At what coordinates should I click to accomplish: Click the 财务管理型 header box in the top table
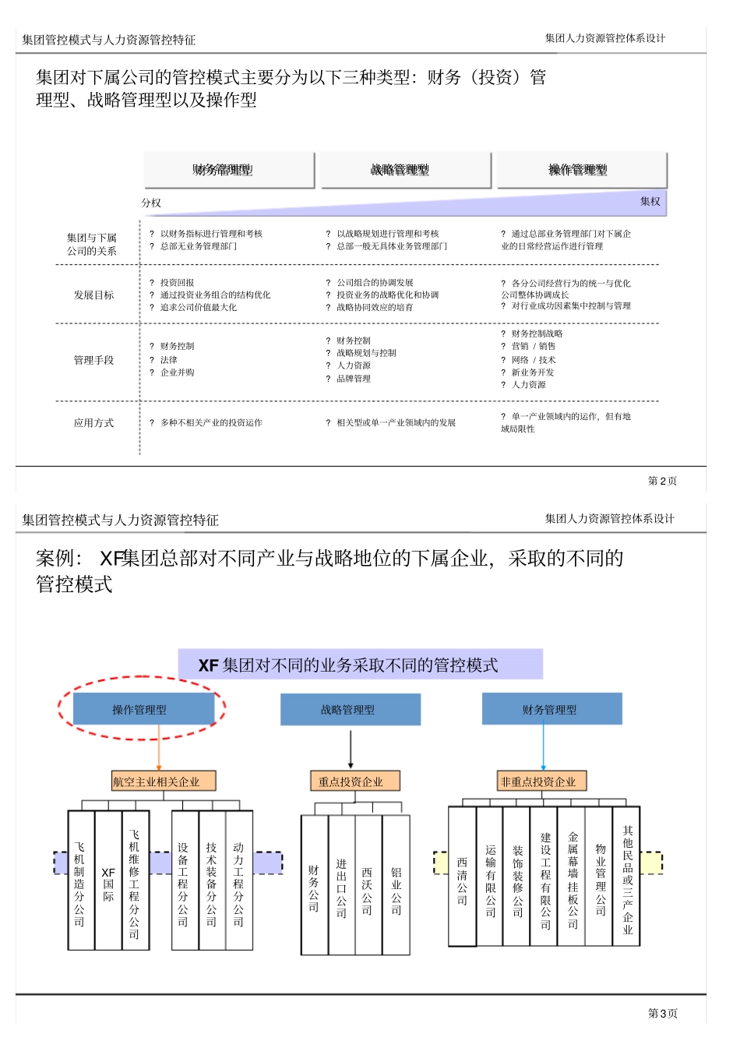point(229,170)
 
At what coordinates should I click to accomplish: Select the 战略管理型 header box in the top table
point(405,170)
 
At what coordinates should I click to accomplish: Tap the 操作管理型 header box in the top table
point(582,170)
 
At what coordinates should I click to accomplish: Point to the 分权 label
point(151,203)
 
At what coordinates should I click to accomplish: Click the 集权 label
point(650,202)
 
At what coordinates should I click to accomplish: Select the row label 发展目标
point(93,295)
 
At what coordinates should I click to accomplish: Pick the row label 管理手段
point(93,361)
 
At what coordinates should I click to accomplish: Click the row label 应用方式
point(93,423)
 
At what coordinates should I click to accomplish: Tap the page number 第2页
point(662,481)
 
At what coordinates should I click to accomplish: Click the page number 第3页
point(663,1013)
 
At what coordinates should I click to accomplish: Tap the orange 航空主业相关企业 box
point(163,782)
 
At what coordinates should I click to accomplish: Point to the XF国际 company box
point(108,880)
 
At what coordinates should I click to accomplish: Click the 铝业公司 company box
point(396,885)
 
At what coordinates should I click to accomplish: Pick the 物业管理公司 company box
point(600,877)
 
